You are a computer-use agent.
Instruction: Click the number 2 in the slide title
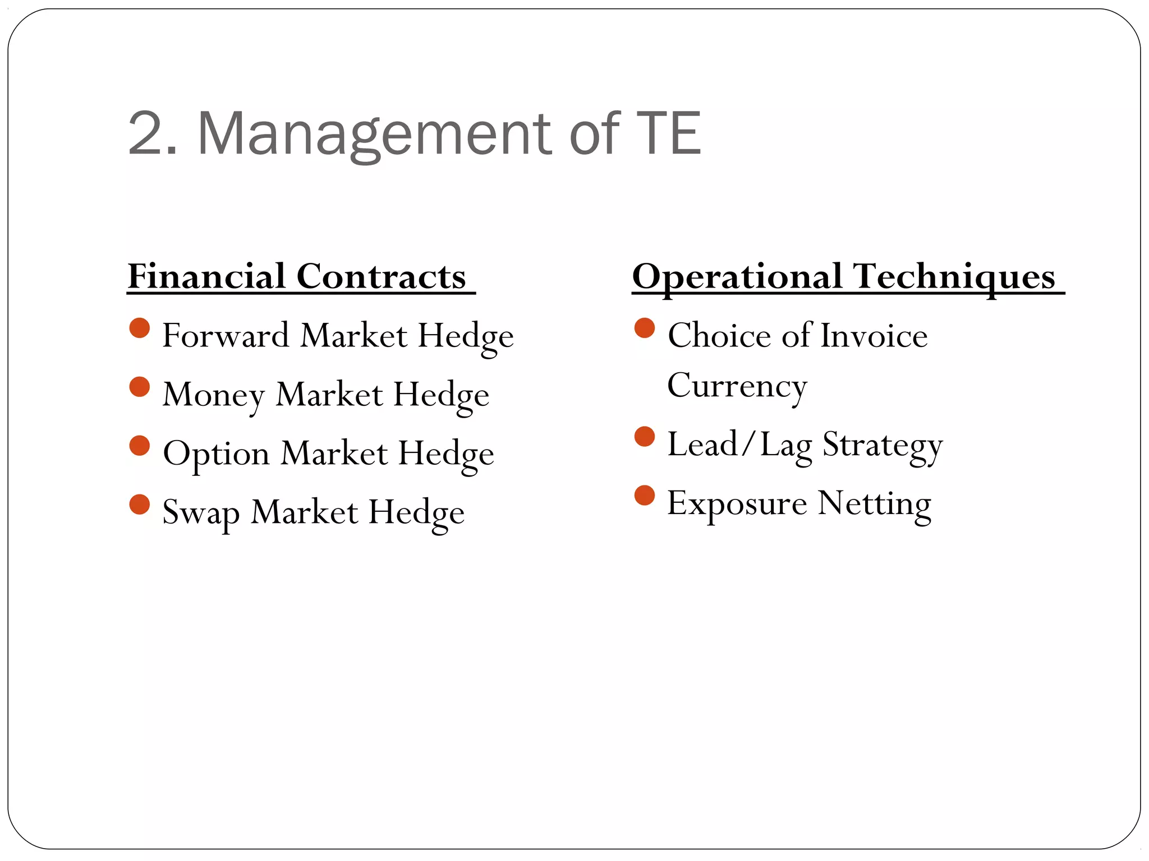point(145,134)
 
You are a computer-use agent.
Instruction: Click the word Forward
point(226,336)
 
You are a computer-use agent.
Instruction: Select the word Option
point(216,453)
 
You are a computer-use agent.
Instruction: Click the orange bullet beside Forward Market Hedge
point(140,328)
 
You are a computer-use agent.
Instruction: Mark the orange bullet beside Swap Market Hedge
point(140,504)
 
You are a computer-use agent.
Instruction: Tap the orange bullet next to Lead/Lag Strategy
point(645,437)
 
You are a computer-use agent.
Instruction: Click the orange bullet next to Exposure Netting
point(645,496)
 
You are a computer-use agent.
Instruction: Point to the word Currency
point(737,386)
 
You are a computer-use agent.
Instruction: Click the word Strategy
point(883,445)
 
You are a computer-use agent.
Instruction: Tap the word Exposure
point(737,503)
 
